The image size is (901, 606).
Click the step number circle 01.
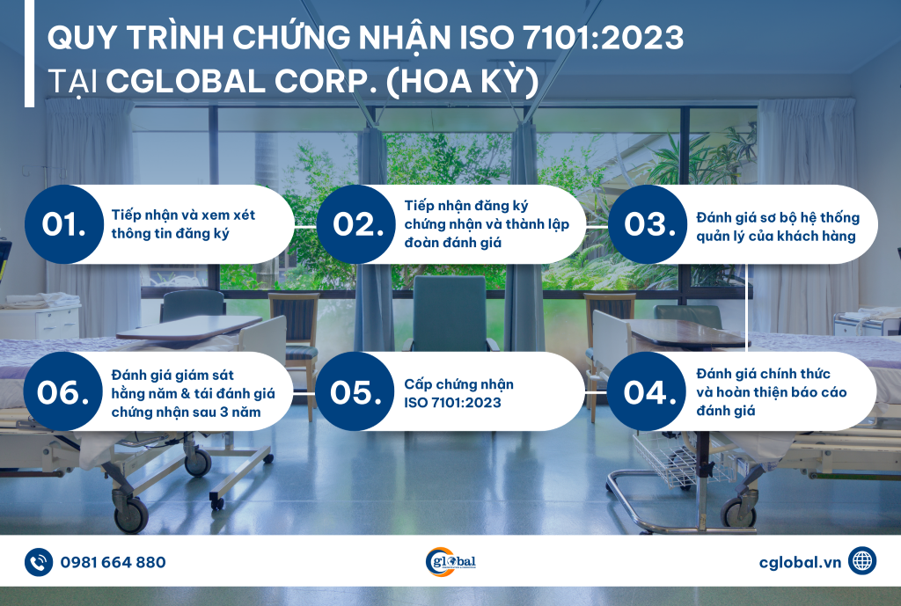coord(64,224)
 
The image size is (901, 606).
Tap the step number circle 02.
coord(356,224)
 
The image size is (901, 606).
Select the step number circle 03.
coord(648,224)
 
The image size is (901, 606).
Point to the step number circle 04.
coord(647,391)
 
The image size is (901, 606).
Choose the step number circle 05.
coord(355,391)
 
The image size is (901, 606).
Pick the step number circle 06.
coord(63,391)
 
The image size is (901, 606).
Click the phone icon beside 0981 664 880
coord(39,562)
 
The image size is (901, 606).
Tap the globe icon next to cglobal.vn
coord(862,561)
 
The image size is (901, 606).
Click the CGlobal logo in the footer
coord(450,562)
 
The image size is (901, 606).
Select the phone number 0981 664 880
coord(114,562)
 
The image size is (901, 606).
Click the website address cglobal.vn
coord(800,562)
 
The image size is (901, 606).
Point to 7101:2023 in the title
coord(604,38)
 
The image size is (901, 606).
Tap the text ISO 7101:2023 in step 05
coord(453,403)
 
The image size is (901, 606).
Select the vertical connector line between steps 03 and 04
coord(747,308)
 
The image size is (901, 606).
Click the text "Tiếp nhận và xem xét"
coord(183,215)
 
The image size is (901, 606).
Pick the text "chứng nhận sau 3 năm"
coord(187,413)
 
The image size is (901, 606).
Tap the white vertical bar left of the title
coord(29,54)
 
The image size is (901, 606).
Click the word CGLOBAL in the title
coord(185,82)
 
